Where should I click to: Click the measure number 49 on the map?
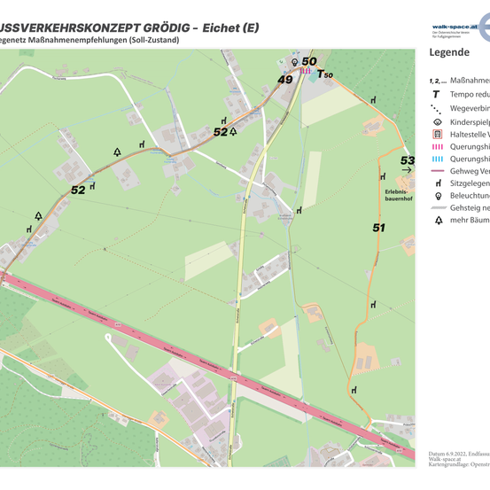[285, 79]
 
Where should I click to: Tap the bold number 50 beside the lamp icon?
[308, 62]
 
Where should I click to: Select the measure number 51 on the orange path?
[379, 228]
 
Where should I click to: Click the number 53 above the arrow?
[408, 160]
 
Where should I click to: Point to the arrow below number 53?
[407, 170]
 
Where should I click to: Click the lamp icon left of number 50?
[295, 62]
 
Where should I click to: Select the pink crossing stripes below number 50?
[306, 71]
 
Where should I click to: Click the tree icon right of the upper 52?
[233, 131]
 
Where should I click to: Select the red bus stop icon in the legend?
[438, 133]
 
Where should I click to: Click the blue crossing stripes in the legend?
[438, 158]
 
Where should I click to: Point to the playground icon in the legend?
[438, 121]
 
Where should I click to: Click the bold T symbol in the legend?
[438, 93]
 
